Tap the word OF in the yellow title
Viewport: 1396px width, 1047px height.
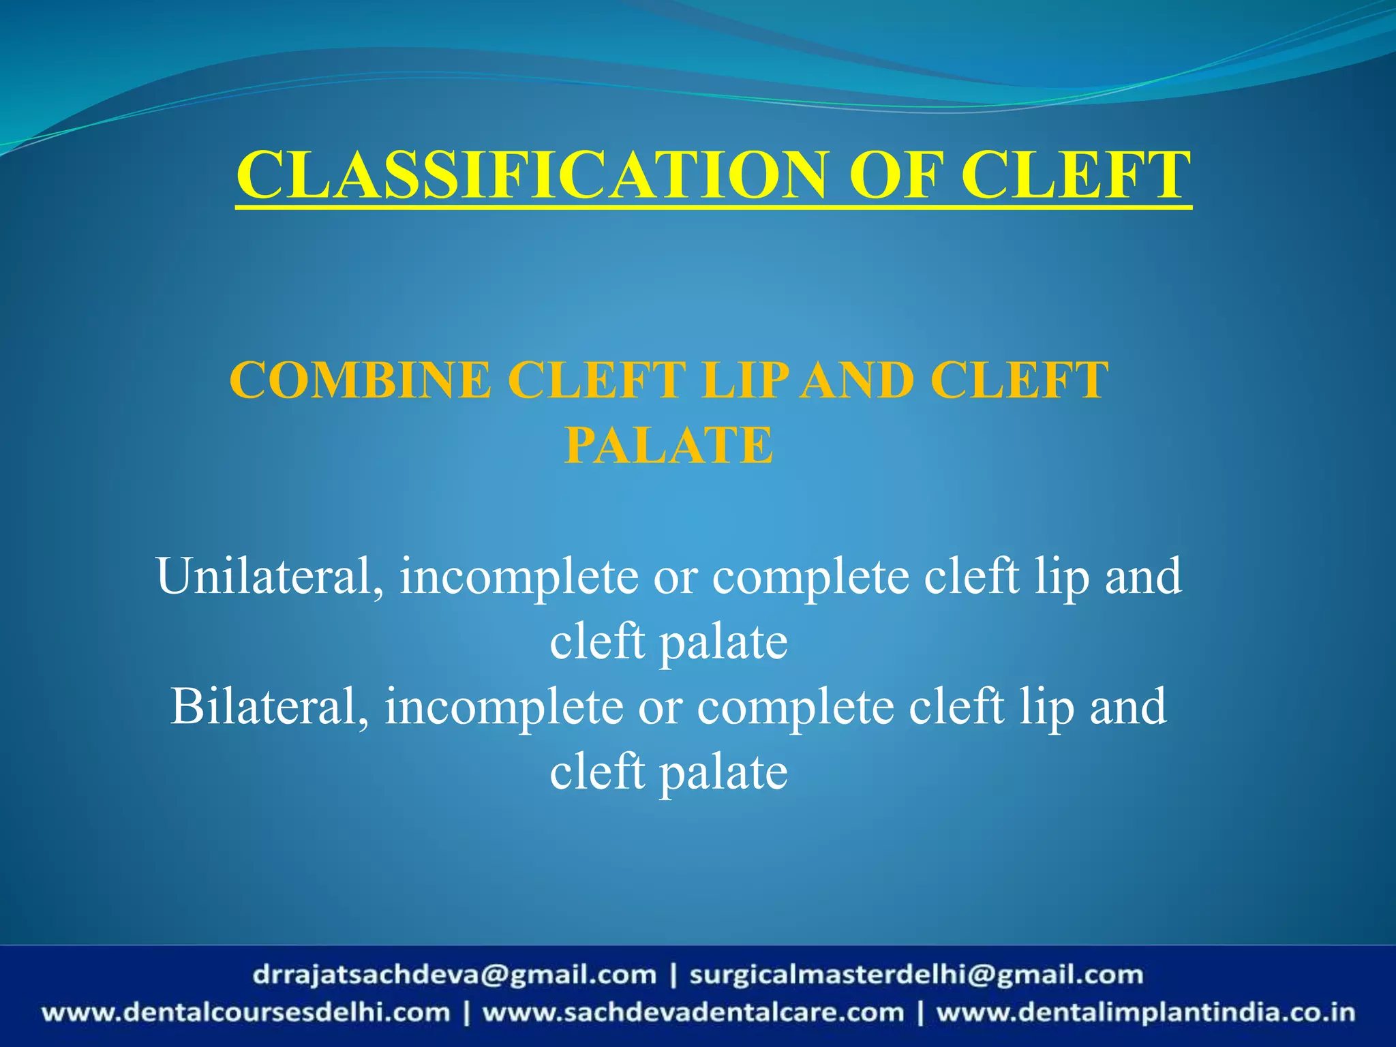[x=896, y=175]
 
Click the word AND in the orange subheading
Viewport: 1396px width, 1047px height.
[x=858, y=380]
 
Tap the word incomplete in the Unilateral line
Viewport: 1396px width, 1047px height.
[x=519, y=577]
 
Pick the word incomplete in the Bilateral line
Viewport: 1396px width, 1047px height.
[x=504, y=708]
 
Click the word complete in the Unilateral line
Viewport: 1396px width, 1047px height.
[x=810, y=577]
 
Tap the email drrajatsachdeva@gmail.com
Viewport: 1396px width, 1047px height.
[x=454, y=975]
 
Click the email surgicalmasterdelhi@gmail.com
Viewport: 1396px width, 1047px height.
[x=916, y=975]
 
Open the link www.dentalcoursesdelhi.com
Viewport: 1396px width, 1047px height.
[x=246, y=1012]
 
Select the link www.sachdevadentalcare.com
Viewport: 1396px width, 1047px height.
[x=693, y=1012]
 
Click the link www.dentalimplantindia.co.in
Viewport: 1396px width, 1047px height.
[x=1145, y=1012]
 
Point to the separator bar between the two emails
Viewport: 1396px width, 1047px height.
[x=673, y=975]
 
